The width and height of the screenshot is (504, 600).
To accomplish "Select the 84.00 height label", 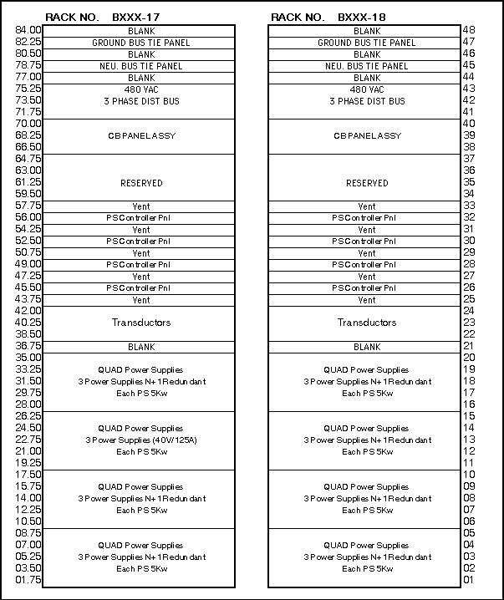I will [29, 30].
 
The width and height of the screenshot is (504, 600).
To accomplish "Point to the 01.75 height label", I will [29, 580].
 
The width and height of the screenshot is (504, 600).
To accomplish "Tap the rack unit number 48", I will [469, 30].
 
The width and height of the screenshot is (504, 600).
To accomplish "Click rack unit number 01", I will [469, 580].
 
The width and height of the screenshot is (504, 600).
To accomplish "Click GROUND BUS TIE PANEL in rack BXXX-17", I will [141, 43].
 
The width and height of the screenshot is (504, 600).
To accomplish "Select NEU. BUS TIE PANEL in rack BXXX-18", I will [367, 66].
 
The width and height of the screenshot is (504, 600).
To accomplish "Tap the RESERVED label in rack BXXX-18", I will [367, 183].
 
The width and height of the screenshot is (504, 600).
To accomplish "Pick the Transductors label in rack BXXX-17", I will [141, 323].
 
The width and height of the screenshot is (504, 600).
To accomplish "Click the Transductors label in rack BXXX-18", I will [367, 323].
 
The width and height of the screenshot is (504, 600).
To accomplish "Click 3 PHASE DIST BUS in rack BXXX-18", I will [367, 101].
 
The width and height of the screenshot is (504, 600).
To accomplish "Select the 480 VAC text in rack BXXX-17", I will [141, 89].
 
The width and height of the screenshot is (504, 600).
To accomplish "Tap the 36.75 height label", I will [29, 346].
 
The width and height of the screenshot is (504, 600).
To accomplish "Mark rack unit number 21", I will [469, 346].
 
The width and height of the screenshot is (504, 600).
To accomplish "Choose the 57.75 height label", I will [29, 206].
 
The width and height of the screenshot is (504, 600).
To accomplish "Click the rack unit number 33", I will [469, 206].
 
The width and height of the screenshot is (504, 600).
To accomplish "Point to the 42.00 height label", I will [29, 311].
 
